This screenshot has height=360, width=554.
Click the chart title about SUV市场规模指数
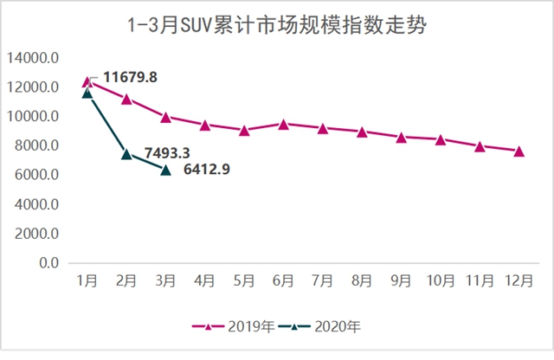276,24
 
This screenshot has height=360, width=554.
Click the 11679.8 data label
129,78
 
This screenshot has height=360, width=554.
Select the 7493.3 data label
167,153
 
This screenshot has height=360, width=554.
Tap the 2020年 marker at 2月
126,154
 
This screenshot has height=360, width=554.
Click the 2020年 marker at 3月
165,170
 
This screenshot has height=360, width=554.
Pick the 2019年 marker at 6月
283,125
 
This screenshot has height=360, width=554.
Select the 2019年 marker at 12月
519,151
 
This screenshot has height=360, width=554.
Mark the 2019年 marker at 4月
205,125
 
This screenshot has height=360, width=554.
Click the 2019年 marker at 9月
401,137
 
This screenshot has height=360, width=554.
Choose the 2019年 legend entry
234,327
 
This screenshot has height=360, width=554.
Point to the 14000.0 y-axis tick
32,58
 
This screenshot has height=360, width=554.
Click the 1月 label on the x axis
87,280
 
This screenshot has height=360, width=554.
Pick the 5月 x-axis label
244,280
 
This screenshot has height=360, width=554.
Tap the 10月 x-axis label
440,280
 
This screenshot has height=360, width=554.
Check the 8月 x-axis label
362,280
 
